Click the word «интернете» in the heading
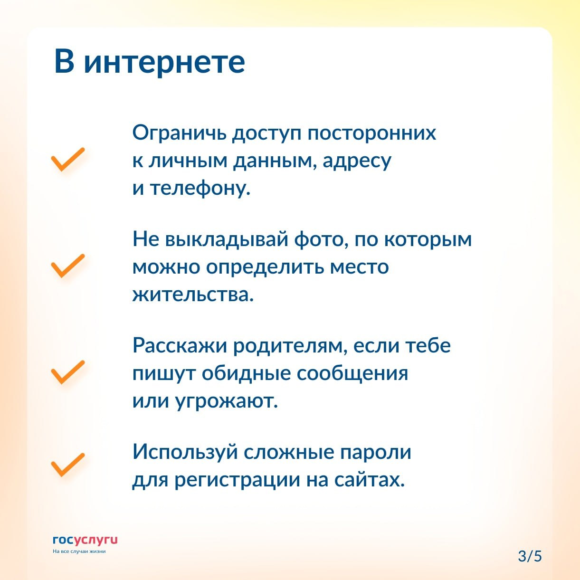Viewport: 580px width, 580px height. coord(164,62)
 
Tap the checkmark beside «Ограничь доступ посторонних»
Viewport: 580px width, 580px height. coord(68,160)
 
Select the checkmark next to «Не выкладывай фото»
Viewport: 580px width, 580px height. coord(68,266)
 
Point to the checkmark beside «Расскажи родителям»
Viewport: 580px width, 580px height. coord(68,372)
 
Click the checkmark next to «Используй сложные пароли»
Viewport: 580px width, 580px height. coord(68,465)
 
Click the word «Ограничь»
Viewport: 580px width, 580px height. coord(179,133)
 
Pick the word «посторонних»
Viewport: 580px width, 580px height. coord(371,133)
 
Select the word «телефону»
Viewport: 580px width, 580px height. coord(200,189)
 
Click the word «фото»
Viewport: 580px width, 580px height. coord(321,240)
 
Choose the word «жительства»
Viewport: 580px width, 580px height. coord(193,295)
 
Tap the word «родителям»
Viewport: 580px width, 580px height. coord(289,346)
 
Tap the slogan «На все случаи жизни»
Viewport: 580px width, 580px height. coord(79,551)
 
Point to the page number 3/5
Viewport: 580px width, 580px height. coord(530,556)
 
